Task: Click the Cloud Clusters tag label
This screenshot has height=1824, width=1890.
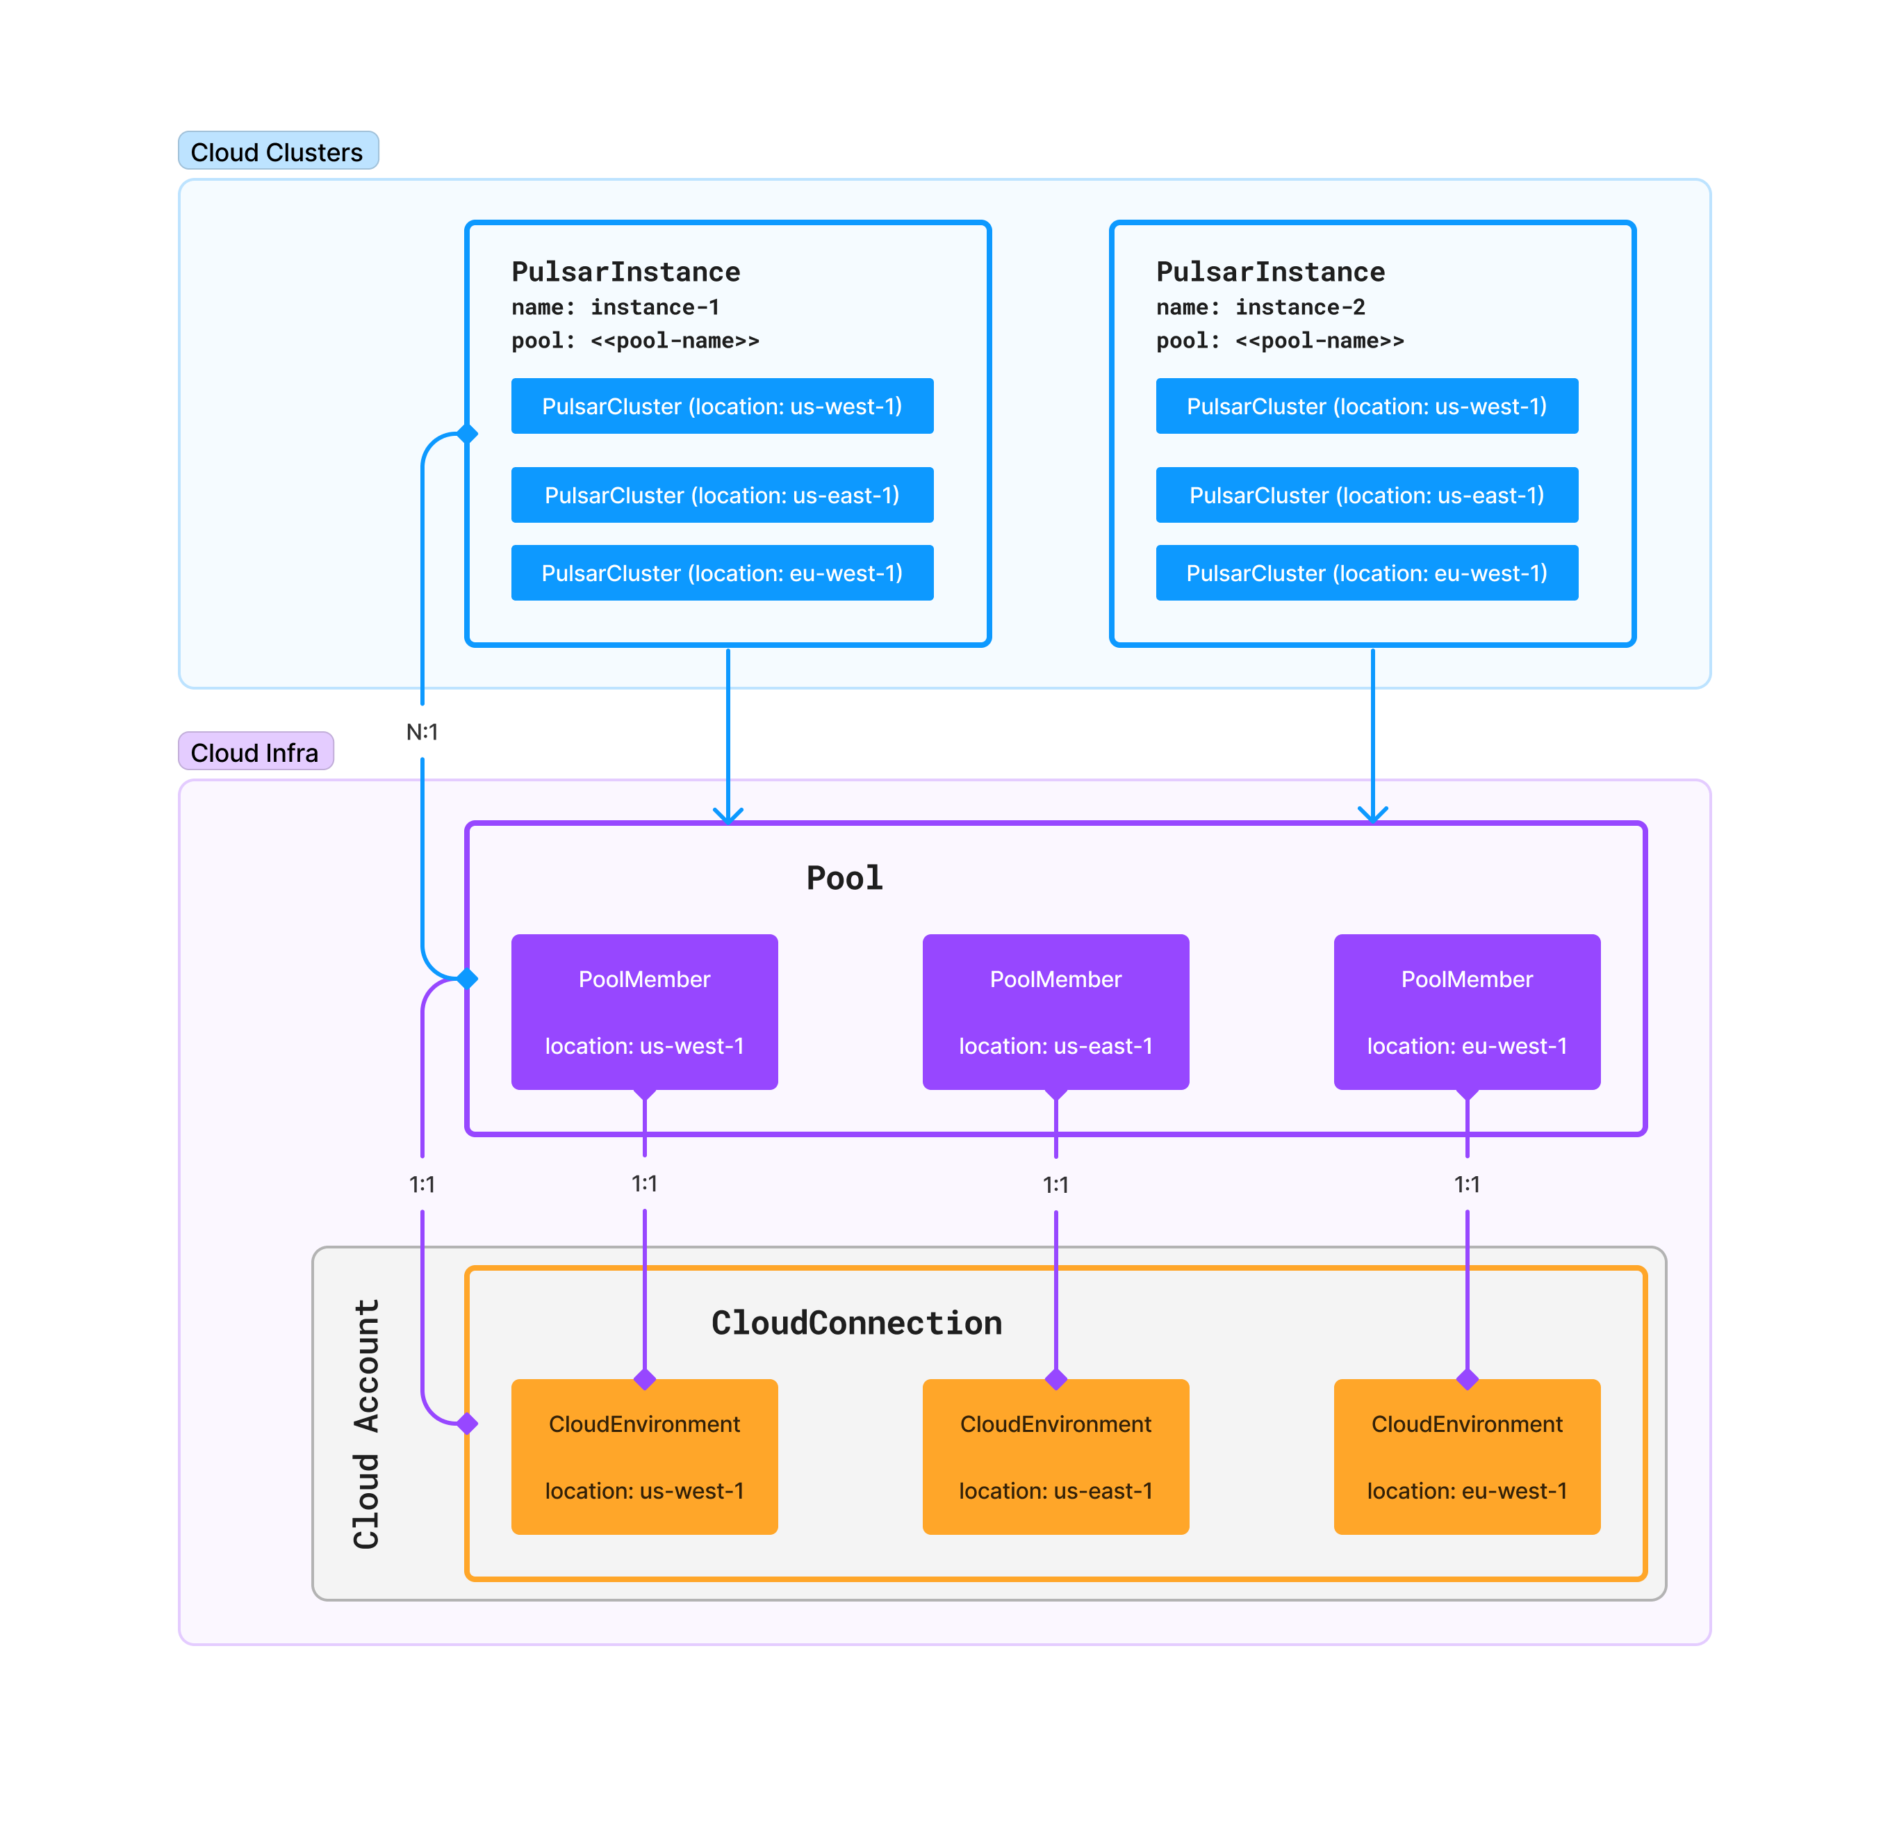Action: [278, 152]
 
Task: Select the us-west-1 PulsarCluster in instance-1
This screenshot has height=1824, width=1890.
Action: [721, 406]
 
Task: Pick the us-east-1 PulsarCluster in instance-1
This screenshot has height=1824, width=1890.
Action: [721, 495]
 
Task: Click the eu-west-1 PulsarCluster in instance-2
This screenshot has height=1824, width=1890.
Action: [1365, 573]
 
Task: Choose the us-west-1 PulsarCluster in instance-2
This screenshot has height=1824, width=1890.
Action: [1365, 406]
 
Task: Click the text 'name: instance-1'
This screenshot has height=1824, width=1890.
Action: [615, 307]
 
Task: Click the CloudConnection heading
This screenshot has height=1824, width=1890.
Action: [856, 1322]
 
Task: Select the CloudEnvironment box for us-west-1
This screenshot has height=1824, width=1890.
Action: [644, 1456]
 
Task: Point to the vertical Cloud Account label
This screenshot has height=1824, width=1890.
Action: [366, 1423]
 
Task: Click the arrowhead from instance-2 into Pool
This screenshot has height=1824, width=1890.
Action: [1372, 814]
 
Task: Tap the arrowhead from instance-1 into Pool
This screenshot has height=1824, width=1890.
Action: [728, 814]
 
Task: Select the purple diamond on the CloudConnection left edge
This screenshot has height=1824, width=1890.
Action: [468, 1423]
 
